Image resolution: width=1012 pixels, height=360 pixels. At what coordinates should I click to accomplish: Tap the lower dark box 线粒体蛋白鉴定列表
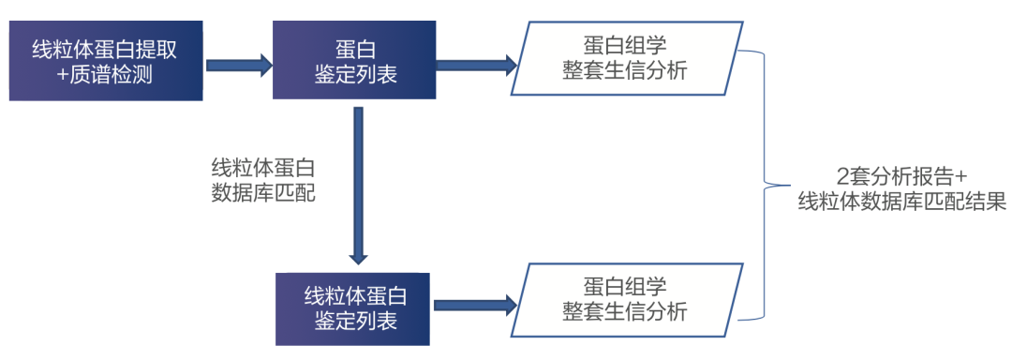pos(355,308)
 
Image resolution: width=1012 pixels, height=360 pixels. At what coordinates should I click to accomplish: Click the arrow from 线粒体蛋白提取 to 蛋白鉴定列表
pos(238,65)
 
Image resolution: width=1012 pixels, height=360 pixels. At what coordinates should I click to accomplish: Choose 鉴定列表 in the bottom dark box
pos(355,321)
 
